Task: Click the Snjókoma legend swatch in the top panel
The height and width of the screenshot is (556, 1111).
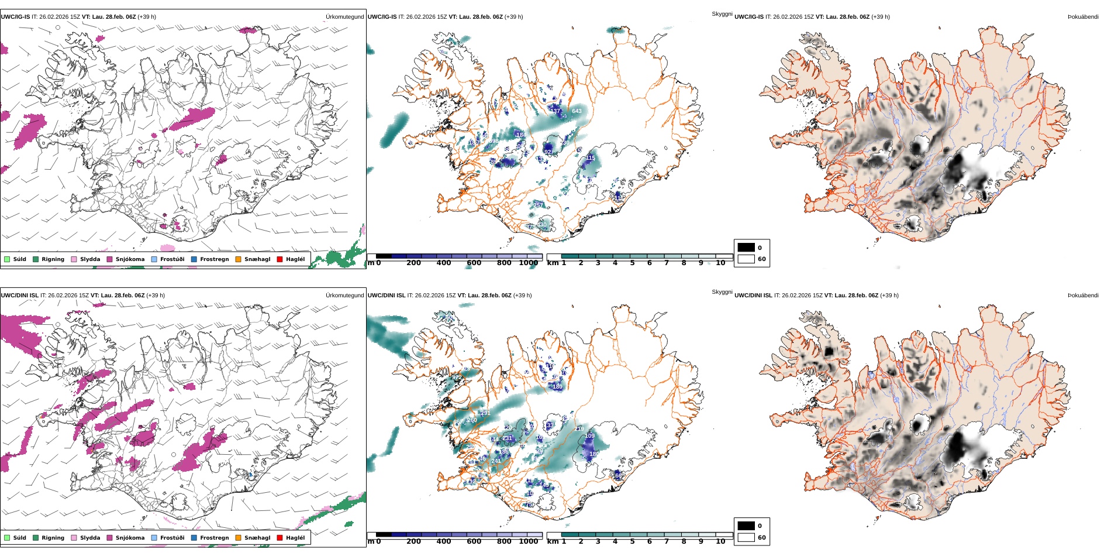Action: (109, 259)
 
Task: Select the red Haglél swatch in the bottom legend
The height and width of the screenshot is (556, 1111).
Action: (280, 538)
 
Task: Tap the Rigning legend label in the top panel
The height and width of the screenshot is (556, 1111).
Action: (53, 259)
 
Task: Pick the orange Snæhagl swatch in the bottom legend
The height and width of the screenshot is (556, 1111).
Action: (238, 538)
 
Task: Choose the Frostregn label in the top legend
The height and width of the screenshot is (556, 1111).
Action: (214, 259)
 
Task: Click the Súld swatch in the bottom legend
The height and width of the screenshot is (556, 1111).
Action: (7, 538)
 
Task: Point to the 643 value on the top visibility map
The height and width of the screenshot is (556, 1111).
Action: (577, 111)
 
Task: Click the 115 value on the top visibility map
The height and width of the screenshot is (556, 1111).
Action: (591, 158)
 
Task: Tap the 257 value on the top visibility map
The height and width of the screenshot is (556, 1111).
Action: (537, 205)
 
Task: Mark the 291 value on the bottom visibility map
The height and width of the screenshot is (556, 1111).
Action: (485, 413)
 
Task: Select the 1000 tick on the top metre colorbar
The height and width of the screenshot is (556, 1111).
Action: (528, 263)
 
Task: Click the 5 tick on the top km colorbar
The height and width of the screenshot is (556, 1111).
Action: (632, 263)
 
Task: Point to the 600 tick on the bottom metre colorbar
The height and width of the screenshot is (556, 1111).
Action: (474, 542)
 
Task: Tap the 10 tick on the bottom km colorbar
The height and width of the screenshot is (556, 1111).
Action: (720, 542)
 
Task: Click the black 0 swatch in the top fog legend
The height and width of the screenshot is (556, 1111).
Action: (746, 248)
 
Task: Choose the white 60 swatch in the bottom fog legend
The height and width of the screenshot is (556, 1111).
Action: (746, 537)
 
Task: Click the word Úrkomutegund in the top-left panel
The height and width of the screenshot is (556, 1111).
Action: (344, 17)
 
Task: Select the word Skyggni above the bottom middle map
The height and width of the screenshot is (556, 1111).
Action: (722, 292)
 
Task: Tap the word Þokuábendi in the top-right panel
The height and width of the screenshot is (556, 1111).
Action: (1083, 17)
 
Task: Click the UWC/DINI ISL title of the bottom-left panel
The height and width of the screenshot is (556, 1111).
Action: (19, 296)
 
